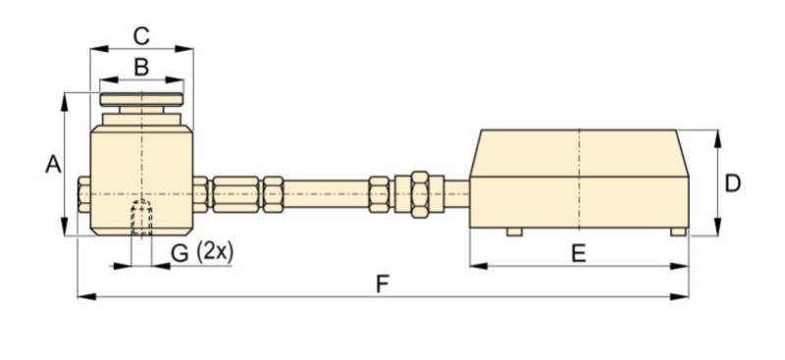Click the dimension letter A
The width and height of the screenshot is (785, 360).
(x=53, y=164)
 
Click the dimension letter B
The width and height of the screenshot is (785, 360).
(x=141, y=67)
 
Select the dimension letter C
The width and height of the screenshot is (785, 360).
(x=141, y=36)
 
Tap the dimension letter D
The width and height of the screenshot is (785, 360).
(x=732, y=183)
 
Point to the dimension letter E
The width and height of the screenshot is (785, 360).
(x=579, y=254)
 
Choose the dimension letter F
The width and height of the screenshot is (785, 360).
(x=383, y=284)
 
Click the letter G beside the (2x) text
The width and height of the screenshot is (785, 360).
(x=180, y=253)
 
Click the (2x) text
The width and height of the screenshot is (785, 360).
(x=215, y=252)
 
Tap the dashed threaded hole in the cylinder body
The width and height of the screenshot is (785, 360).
(x=141, y=218)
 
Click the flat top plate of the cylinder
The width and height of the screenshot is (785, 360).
(x=141, y=99)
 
